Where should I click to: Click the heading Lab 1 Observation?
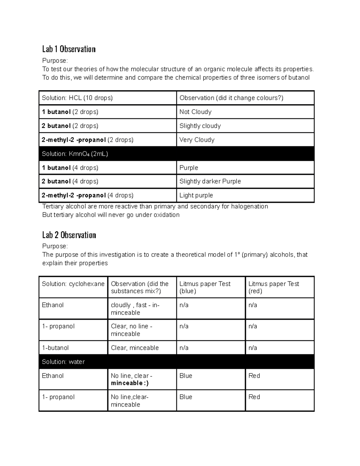click(x=69, y=49)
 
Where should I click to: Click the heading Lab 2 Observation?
click(x=69, y=235)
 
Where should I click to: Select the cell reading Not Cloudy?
click(x=195, y=112)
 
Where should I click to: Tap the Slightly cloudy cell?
click(x=200, y=126)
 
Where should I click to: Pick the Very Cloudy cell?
click(x=197, y=140)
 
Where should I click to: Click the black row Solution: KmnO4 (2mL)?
click(x=176, y=154)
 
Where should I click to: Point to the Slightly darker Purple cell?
click(x=210, y=181)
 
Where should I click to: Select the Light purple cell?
click(x=196, y=195)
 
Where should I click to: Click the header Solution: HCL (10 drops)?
click(x=77, y=98)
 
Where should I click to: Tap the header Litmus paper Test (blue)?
click(x=205, y=287)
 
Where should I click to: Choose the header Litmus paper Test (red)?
click(x=274, y=287)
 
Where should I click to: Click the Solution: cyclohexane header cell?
click(x=73, y=284)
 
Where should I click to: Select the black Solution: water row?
click(x=176, y=362)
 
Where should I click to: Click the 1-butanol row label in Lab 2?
click(x=55, y=348)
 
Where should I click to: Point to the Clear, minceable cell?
click(x=135, y=348)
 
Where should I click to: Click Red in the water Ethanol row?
click(x=254, y=376)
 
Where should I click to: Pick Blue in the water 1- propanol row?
click(x=186, y=397)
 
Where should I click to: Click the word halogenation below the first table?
click(x=249, y=206)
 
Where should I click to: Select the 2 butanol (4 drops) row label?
click(x=70, y=181)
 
